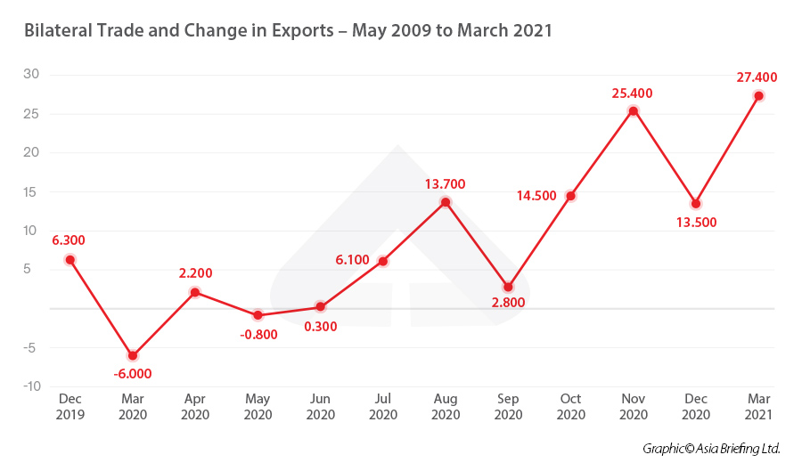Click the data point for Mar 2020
(133, 355)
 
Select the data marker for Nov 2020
(634, 111)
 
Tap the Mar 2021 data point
(758, 96)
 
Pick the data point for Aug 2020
(446, 202)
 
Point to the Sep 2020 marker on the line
(508, 287)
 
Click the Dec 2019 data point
(70, 260)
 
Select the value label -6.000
(133, 374)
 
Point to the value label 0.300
(321, 326)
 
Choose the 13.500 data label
(696, 223)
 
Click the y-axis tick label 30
(30, 74)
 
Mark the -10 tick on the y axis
(30, 386)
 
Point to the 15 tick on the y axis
(30, 191)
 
